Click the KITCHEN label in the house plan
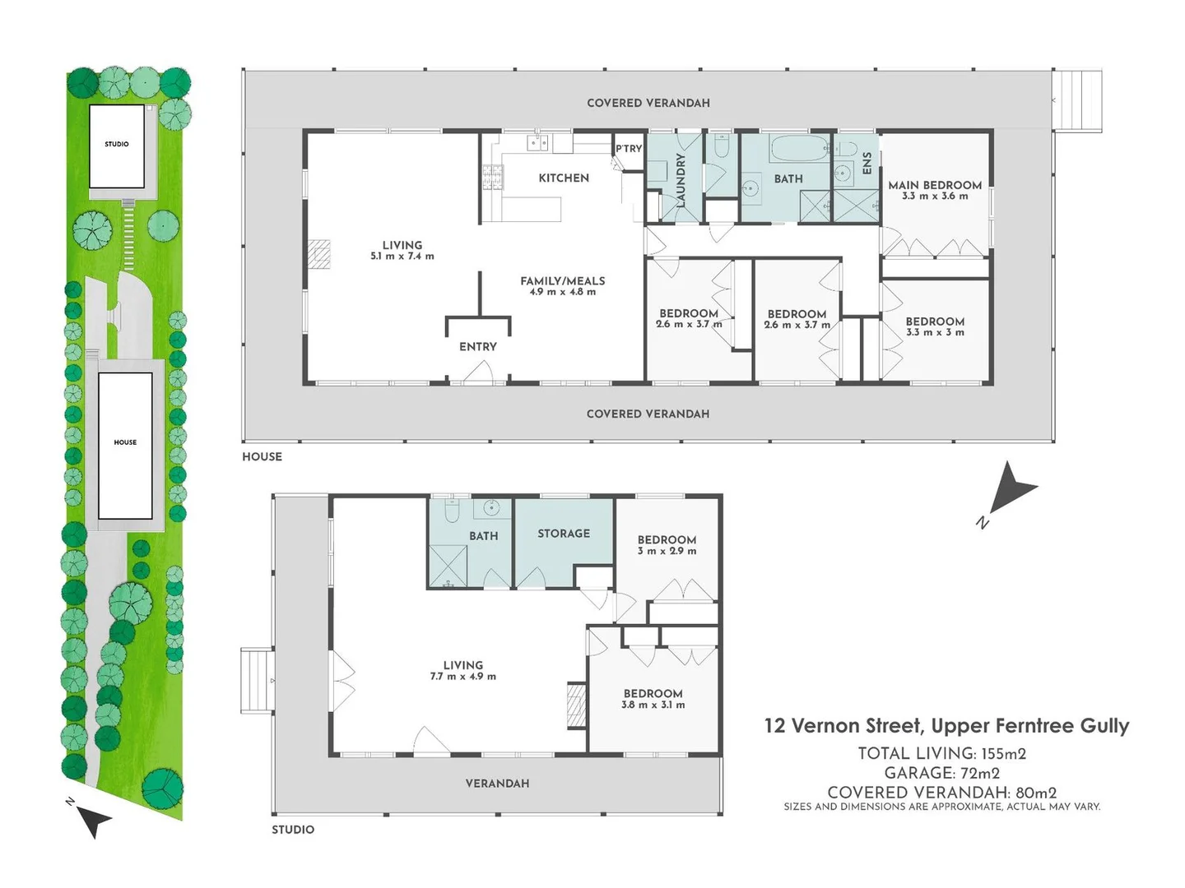pyautogui.click(x=564, y=178)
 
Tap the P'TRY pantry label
pyautogui.click(x=629, y=148)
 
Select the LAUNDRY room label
pyautogui.click(x=681, y=180)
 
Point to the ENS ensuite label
pyautogui.click(x=867, y=164)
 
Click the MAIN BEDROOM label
pyautogui.click(x=935, y=185)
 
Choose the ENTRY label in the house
pyautogui.click(x=478, y=347)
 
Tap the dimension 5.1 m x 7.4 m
pyautogui.click(x=402, y=256)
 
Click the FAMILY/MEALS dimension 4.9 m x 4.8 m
pyautogui.click(x=563, y=292)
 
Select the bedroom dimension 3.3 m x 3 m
pyautogui.click(x=935, y=332)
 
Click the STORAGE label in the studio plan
pyautogui.click(x=564, y=534)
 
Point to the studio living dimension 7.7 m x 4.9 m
pyautogui.click(x=462, y=676)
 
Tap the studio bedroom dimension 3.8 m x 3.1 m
pyautogui.click(x=653, y=705)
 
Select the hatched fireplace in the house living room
pyautogui.click(x=319, y=254)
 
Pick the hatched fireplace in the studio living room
pyautogui.click(x=576, y=705)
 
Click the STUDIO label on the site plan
pyautogui.click(x=117, y=144)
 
